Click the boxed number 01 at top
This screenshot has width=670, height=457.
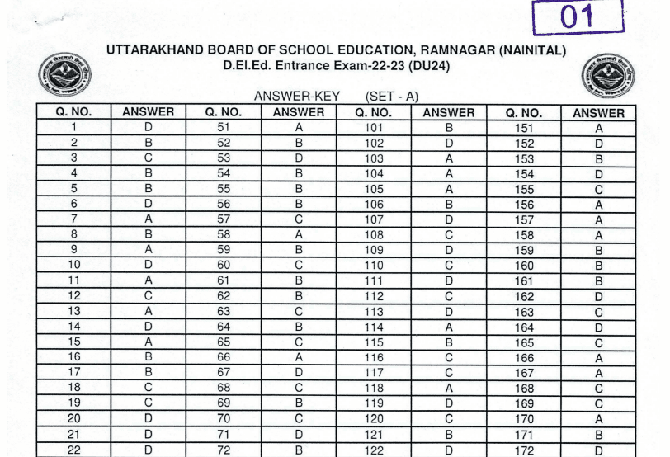(x=577, y=17)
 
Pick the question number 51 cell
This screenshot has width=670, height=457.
(x=224, y=128)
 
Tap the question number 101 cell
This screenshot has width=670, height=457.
(x=374, y=128)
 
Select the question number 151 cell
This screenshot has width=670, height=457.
(x=523, y=128)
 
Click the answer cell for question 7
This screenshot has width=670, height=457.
(x=149, y=219)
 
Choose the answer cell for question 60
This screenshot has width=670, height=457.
(x=299, y=266)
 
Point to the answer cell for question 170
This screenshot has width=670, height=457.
(x=599, y=419)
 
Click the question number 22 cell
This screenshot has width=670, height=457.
(x=74, y=450)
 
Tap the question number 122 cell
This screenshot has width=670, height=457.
(x=374, y=450)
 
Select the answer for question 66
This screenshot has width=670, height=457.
(x=299, y=357)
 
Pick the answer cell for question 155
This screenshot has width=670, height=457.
(x=599, y=190)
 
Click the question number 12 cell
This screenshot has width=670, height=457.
(x=74, y=296)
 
